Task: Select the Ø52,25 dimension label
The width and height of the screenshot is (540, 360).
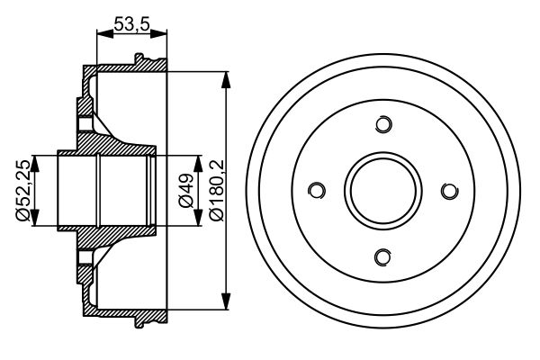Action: click(x=21, y=191)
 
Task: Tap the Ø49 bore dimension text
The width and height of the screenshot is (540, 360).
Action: click(x=187, y=191)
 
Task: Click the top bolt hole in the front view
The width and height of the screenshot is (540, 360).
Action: click(x=384, y=124)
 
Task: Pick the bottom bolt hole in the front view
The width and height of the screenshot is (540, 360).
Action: click(x=384, y=257)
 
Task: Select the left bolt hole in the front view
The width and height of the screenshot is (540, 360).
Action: click(x=317, y=191)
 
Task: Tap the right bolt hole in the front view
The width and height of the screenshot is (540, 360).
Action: click(x=450, y=191)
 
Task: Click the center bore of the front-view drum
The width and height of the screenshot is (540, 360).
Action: click(x=384, y=191)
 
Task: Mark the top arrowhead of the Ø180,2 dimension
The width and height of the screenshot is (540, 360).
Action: click(x=224, y=74)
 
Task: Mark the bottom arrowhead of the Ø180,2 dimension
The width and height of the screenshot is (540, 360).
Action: click(x=224, y=307)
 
